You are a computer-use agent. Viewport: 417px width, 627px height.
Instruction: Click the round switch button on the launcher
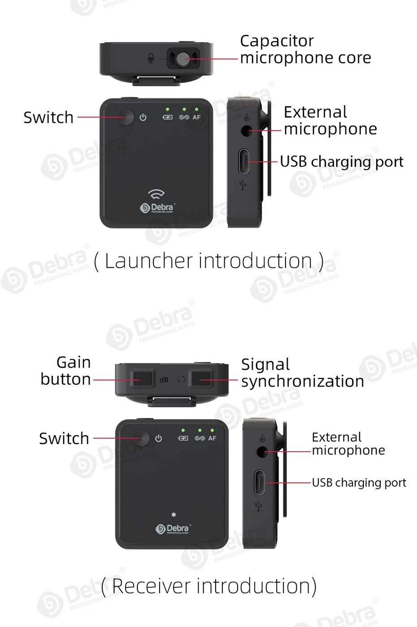tap(126, 118)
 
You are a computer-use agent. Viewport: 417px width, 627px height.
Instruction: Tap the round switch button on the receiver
tap(142, 438)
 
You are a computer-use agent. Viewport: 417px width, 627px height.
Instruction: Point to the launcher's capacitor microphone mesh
tap(183, 58)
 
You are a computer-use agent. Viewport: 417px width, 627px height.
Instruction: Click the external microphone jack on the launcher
tap(246, 131)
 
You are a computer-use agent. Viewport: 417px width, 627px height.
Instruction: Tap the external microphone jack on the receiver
tap(262, 451)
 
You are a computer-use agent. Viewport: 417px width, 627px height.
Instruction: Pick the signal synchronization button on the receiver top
tap(201, 379)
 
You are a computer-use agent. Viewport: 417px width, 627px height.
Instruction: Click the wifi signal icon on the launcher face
tap(156, 194)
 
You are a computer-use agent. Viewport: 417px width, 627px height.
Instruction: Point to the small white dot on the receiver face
tap(174, 514)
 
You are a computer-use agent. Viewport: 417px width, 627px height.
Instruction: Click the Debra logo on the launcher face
tap(157, 208)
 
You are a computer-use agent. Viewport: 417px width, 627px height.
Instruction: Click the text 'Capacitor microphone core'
tap(305, 49)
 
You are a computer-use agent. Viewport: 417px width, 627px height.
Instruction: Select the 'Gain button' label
tap(66, 370)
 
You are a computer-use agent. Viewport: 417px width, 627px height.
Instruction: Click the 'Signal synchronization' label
tap(302, 373)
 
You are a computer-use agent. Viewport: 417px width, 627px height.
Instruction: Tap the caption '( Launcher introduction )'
tap(208, 261)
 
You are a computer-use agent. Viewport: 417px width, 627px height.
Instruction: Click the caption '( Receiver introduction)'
tap(209, 586)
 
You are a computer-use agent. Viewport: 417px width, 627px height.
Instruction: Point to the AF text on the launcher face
tap(196, 118)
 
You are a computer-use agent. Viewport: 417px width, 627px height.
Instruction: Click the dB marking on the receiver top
tap(164, 380)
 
